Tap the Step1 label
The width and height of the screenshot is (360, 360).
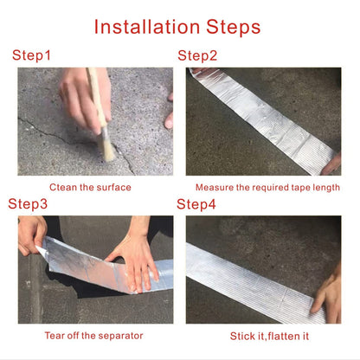point(32,56)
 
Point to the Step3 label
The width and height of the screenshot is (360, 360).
point(29,204)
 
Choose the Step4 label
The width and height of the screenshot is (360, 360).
point(197,204)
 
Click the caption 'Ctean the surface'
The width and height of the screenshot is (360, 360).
point(90,188)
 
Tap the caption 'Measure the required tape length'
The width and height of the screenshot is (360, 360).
point(267,188)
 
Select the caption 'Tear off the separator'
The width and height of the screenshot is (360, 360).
point(93,336)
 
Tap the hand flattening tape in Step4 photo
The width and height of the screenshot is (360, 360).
point(329,294)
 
